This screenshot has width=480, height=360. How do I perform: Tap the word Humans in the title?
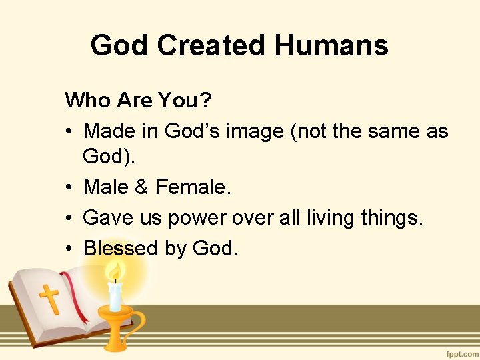click(331, 45)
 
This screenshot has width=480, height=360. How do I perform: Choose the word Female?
click(193, 187)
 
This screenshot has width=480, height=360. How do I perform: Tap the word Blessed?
click(120, 248)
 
